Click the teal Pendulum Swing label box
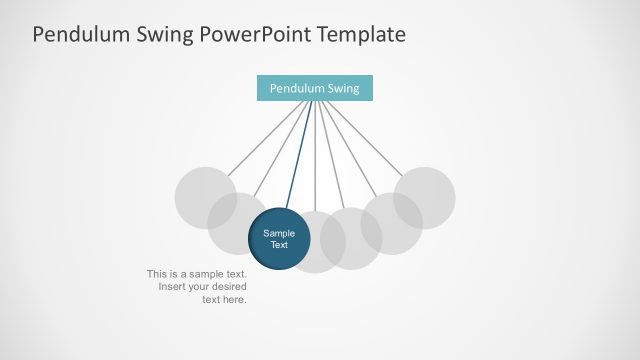click(314, 88)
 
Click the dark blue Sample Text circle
click(279, 239)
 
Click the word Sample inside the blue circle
click(279, 233)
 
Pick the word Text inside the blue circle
click(279, 245)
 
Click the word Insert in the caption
click(173, 287)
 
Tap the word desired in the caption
click(226, 287)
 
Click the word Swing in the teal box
click(340, 88)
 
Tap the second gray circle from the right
click(391, 223)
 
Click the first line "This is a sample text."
click(196, 274)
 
